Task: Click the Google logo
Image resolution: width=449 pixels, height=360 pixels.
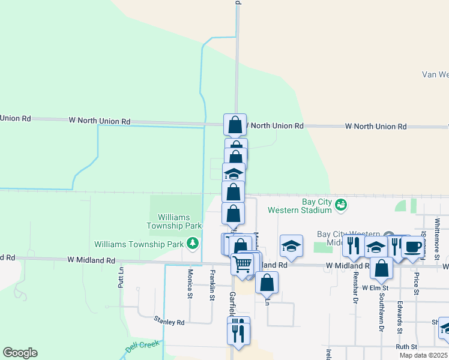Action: coord(20,353)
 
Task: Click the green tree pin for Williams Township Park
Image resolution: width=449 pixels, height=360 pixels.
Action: coord(192,243)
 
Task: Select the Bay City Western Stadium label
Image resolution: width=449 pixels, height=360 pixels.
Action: coord(300,206)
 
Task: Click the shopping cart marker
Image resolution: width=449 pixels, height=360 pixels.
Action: coord(242,263)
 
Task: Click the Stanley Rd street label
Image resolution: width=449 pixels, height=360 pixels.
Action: coord(169,322)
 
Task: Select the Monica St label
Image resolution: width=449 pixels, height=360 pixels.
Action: coord(190,283)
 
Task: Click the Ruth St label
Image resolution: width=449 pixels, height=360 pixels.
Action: coord(406,347)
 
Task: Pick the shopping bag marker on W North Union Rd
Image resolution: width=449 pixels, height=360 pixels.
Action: coord(235,125)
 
